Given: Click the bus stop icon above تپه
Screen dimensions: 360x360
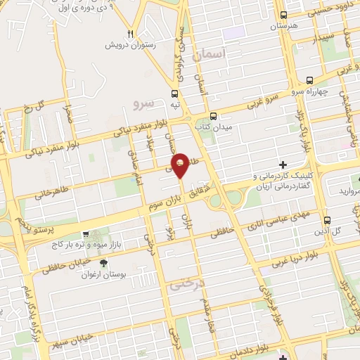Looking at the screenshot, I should point(175,91).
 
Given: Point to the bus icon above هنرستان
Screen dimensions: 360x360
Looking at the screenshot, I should point(283,15).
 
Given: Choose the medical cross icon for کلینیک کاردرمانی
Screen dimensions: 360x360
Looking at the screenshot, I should point(283,164).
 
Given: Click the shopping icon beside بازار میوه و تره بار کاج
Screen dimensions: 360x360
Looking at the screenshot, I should point(86,236).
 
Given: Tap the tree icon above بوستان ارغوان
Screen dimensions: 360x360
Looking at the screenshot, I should point(104,263).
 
